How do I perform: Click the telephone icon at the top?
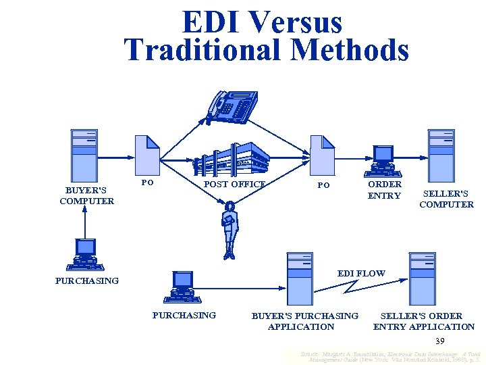click(x=232, y=105)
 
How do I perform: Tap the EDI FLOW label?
click(x=361, y=274)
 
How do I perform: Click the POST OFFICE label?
click(x=234, y=184)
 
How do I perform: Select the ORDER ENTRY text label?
click(x=384, y=190)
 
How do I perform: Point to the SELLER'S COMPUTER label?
click(x=446, y=199)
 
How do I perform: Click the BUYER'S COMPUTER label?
click(x=86, y=195)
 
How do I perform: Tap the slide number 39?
click(x=440, y=341)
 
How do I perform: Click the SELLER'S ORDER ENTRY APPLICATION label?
click(x=424, y=321)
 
